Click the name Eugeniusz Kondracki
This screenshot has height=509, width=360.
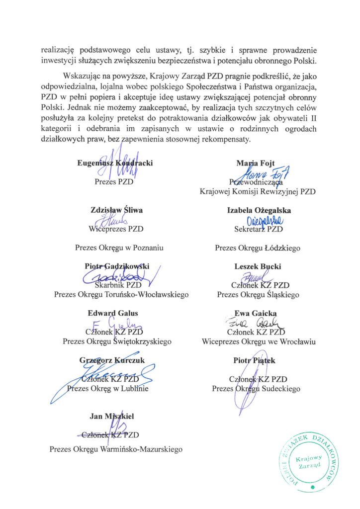point(115,163)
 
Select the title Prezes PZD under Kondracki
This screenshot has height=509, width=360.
point(115,181)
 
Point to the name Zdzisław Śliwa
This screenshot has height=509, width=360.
point(115,210)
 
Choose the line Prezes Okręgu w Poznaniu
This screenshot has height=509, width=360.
point(119,247)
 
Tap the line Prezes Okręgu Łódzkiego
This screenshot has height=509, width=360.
point(257,247)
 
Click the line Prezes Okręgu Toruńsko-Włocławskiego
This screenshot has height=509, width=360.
point(121,295)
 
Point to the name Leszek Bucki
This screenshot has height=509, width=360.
point(257,266)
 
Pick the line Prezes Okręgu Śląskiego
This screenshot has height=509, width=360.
point(258,295)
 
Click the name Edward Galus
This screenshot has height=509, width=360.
point(113,313)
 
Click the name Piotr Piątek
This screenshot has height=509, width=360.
point(258,360)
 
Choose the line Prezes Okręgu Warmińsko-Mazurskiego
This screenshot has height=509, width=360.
point(115,449)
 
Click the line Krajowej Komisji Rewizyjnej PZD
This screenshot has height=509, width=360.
point(257,191)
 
